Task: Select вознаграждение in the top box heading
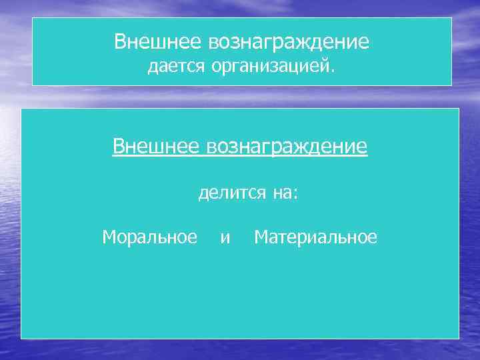289,42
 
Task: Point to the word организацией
270,66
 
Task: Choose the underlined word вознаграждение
287,146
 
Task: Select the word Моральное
150,237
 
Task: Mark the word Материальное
315,237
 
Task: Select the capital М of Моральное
109,237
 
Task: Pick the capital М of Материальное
261,237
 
